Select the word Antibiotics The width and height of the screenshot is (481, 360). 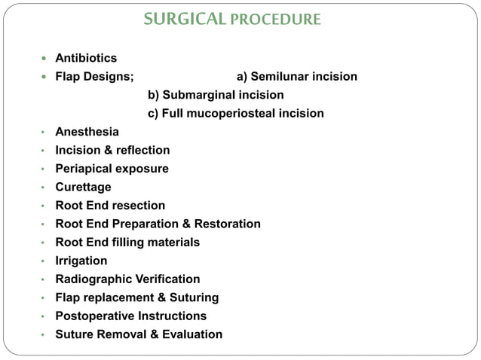[86, 57]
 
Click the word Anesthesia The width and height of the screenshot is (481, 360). [87, 132]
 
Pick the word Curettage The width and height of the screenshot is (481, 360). [84, 187]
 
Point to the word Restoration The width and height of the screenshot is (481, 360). [227, 224]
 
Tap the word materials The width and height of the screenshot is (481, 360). [173, 242]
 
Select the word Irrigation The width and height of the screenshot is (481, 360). [81, 261]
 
